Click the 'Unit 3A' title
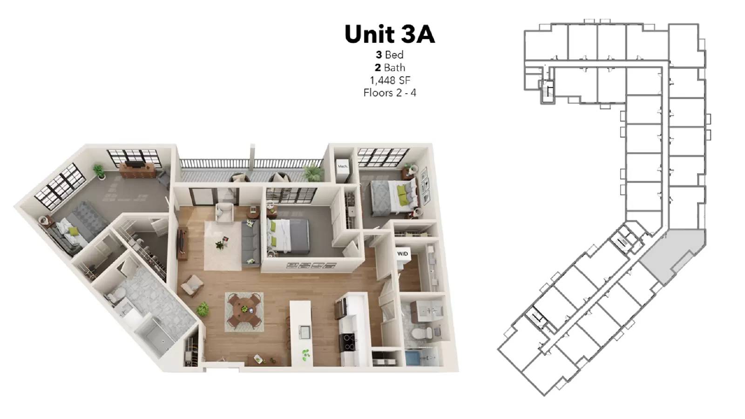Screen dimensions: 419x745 pos(390,34)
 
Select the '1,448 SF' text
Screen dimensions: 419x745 pos(390,80)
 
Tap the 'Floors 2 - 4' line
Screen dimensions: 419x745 pos(390,93)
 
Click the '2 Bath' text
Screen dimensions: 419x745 pos(390,68)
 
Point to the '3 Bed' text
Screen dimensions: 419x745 pos(390,55)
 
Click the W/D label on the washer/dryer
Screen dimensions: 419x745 pos(402,254)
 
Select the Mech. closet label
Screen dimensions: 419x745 pos(343,166)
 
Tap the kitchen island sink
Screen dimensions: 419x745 pos(305,331)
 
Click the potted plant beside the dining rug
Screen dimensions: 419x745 pos(203,309)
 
